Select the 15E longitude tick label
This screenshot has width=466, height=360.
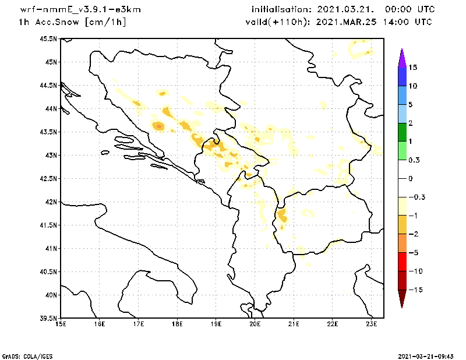click(x=61, y=324)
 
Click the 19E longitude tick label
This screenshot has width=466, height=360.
click(x=216, y=324)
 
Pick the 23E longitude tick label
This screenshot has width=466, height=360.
click(x=372, y=324)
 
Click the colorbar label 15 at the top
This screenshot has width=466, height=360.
click(x=412, y=68)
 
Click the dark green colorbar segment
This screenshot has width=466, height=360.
click(x=401, y=132)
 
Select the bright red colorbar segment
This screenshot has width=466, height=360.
click(x=401, y=262)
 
